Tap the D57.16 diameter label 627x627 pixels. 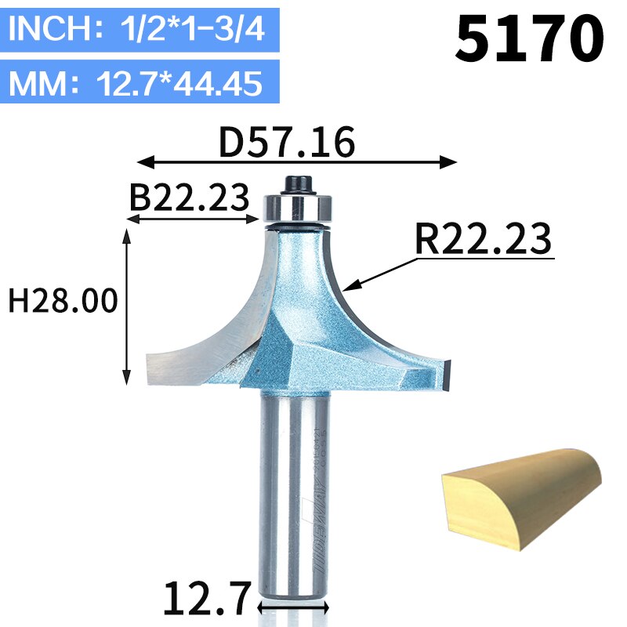click(x=287, y=143)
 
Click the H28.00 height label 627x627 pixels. click(x=63, y=300)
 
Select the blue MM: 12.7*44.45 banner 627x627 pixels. click(x=140, y=83)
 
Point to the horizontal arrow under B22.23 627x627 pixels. click(x=193, y=220)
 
